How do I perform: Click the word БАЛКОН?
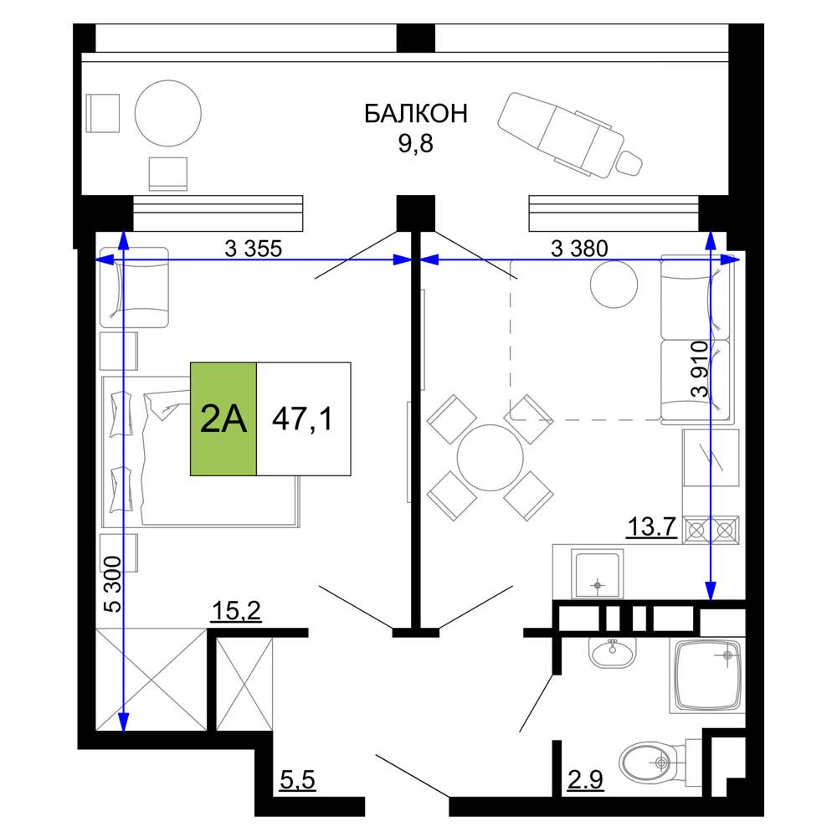click(416, 113)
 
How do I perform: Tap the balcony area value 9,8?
click(415, 144)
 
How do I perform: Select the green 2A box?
click(223, 419)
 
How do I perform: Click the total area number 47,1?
click(303, 418)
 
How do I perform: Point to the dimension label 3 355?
click(253, 249)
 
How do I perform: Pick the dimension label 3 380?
click(579, 249)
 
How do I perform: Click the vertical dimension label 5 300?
click(113, 584)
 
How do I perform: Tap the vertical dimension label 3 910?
click(700, 369)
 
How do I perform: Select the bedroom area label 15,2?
click(237, 611)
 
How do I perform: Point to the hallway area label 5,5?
click(298, 780)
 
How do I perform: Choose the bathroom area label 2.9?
click(585, 780)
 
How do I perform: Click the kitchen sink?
click(598, 573)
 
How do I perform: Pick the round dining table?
click(490, 458)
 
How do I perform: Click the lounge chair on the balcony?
click(569, 134)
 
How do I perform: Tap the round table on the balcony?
click(167, 113)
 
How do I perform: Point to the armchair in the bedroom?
click(135, 287)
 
